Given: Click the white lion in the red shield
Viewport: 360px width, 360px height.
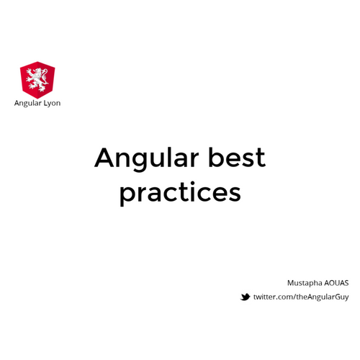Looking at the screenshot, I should click(37, 79).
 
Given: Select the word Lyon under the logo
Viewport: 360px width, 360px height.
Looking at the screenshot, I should click(52, 103).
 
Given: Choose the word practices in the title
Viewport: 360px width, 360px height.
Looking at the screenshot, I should click(180, 193).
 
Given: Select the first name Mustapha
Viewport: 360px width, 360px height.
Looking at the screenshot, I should click(303, 283).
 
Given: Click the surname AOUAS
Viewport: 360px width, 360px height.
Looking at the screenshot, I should click(336, 283).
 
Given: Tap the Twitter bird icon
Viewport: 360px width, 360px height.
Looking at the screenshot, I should click(246, 297).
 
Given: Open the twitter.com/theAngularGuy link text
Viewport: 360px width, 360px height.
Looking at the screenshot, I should click(301, 297).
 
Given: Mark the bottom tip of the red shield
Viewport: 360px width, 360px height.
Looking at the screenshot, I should click(37, 97).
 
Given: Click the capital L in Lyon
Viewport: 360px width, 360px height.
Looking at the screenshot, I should click(45, 103).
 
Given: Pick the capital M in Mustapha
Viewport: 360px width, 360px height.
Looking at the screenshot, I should click(290, 283).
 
